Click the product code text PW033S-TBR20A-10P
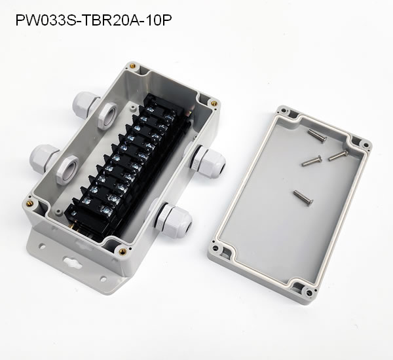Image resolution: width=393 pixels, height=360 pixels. point(94,20)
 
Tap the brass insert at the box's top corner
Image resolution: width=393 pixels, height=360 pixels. point(132,66)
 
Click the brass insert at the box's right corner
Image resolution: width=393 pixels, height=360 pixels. point(214,103)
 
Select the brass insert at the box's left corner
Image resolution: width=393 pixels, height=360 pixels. point(31,203)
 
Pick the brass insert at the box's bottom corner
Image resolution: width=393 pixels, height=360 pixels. point(122,251)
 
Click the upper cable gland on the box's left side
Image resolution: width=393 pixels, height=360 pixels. point(84,105)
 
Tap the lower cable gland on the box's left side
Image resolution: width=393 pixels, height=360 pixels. point(43,158)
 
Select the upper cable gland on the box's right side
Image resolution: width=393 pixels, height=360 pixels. point(206,160)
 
